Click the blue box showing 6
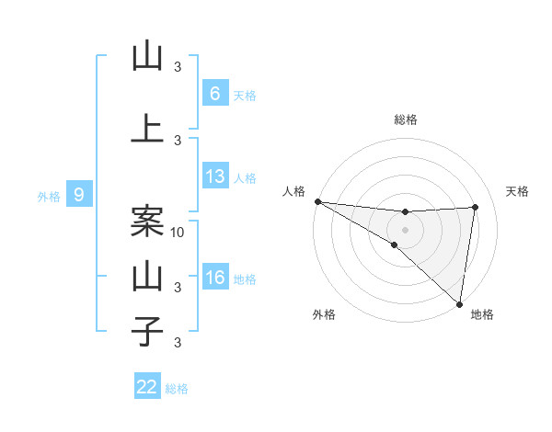[x=214, y=93]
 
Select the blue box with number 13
[x=214, y=177]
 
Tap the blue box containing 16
[x=214, y=278]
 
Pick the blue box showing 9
[x=79, y=194]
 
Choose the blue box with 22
[x=147, y=387]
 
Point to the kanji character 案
[x=147, y=220]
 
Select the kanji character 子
[x=147, y=330]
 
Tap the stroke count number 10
[x=178, y=233]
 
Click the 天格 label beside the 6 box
[x=245, y=95]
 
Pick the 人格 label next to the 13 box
[x=245, y=178]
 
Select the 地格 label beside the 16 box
[x=245, y=279]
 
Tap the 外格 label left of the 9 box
[x=48, y=196]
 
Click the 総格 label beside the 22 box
[x=177, y=389]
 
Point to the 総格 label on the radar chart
[x=406, y=119]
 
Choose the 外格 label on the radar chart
[x=324, y=314]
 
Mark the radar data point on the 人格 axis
[x=317, y=201]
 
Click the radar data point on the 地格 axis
[x=459, y=303]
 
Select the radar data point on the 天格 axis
[x=476, y=207]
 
